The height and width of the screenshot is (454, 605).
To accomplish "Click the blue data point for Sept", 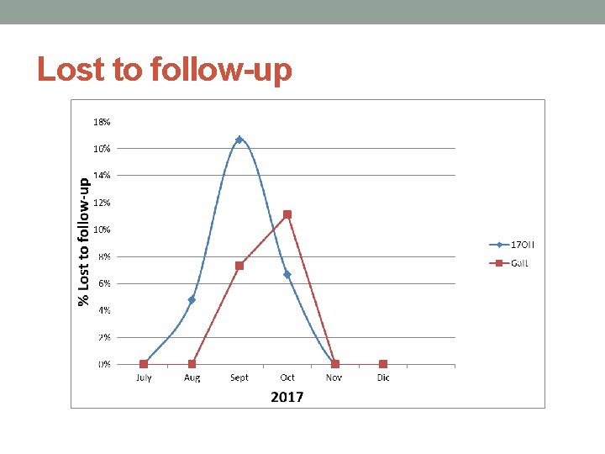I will click(239, 140).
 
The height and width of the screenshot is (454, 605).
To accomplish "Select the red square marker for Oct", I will click(287, 214).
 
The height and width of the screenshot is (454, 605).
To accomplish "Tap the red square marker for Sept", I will click(239, 266).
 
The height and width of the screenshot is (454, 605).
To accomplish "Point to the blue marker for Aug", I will click(192, 299).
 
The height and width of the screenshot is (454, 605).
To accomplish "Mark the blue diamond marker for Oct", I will click(287, 275).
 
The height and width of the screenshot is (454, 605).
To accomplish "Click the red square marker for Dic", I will click(383, 364).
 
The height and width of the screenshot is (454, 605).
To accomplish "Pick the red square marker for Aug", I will click(192, 364).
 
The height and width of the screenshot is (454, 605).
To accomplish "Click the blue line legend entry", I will click(512, 245).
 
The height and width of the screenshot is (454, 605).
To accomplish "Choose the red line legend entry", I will click(509, 263).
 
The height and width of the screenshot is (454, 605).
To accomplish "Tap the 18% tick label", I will click(101, 122).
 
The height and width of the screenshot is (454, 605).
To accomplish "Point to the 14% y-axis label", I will click(101, 176).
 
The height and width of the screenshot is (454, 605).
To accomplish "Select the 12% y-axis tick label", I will click(101, 203).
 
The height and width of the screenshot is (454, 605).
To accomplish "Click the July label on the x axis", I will click(144, 377).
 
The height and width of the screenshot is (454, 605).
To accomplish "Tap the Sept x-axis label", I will click(239, 377).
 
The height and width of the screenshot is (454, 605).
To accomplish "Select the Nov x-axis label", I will click(335, 377).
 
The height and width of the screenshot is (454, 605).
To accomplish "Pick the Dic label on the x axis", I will click(383, 377).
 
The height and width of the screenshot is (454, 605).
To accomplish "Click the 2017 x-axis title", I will click(287, 396).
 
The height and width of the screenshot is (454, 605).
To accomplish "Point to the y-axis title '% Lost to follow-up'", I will click(83, 241).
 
